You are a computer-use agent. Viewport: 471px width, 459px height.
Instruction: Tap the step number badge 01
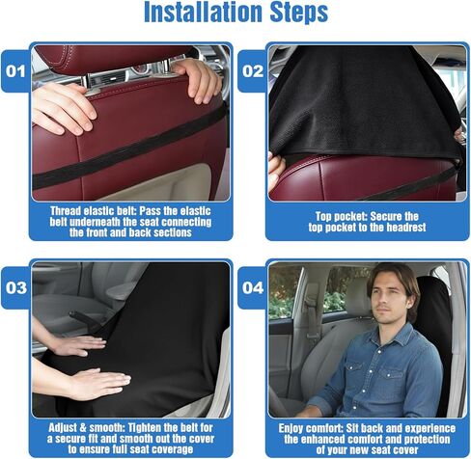click(x=14, y=70)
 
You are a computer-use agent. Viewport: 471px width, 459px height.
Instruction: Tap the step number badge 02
click(x=251, y=70)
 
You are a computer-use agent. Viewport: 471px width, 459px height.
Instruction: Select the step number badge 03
click(x=14, y=286)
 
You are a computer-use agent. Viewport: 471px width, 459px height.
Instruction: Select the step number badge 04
click(x=251, y=286)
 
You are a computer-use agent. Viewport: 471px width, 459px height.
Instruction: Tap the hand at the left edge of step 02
click(x=275, y=169)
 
